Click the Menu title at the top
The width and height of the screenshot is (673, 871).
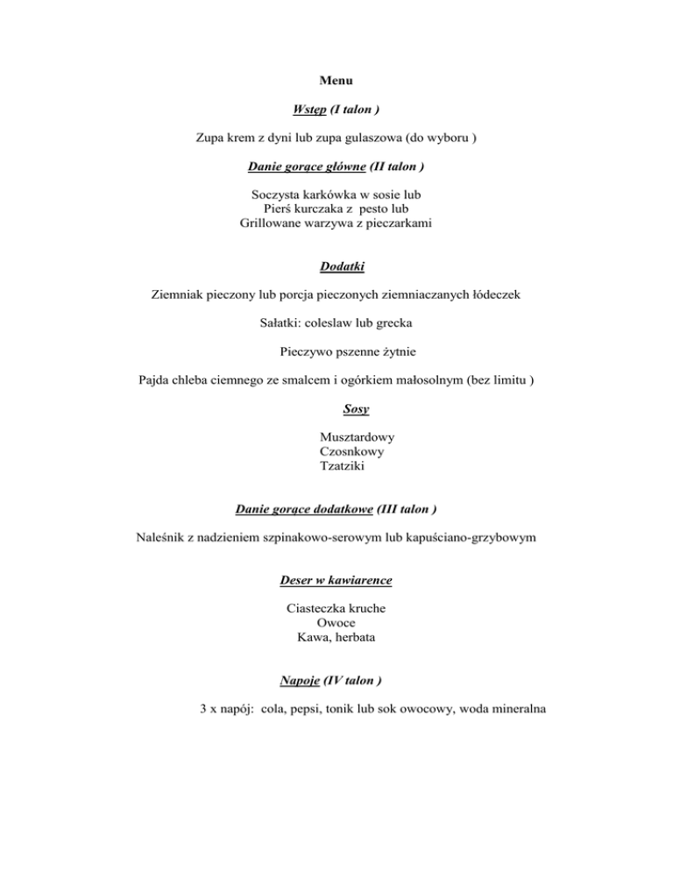[336, 81]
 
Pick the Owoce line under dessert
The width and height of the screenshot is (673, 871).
[336, 623]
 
